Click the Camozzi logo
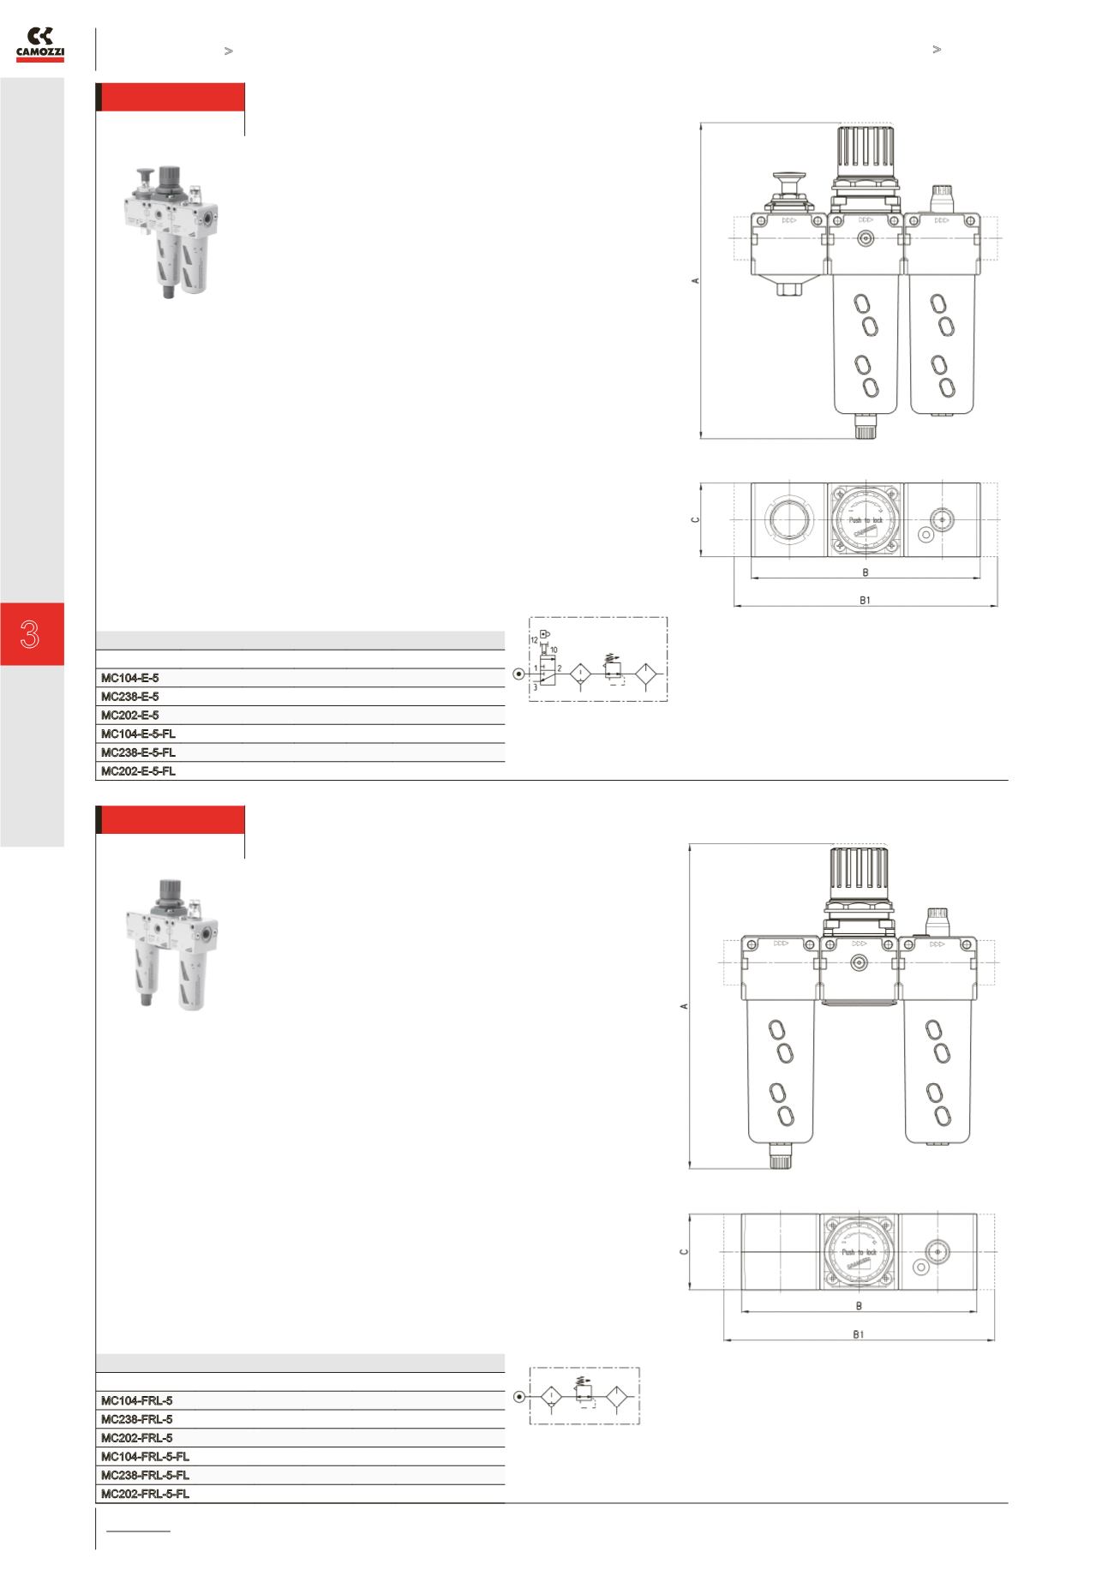(40, 45)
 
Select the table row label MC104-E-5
(129, 678)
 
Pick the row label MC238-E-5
(129, 697)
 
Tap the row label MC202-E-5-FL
(138, 771)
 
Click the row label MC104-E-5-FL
(138, 734)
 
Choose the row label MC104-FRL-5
(136, 1400)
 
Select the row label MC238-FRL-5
(136, 1419)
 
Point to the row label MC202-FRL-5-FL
(145, 1494)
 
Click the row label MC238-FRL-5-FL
(145, 1475)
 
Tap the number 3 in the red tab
(31, 635)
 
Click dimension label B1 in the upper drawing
(865, 600)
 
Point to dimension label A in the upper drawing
(697, 280)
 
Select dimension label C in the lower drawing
(684, 1251)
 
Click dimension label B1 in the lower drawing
(859, 1334)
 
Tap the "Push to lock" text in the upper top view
(865, 520)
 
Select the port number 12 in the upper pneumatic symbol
(534, 640)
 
